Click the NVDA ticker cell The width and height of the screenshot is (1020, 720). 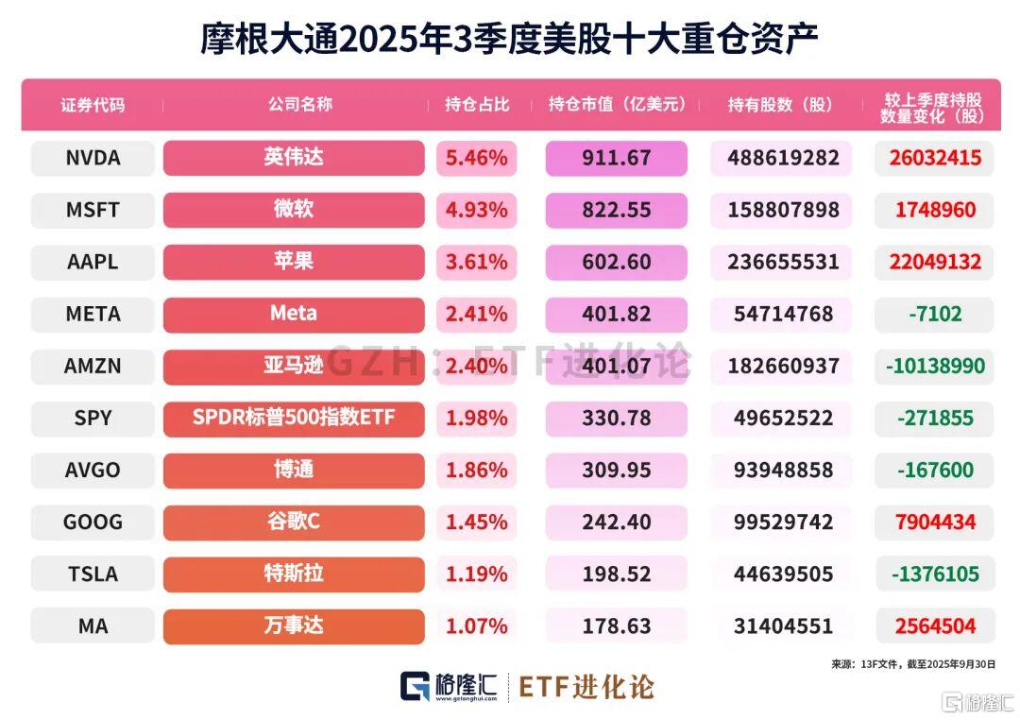click(x=93, y=158)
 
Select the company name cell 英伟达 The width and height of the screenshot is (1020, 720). click(x=294, y=158)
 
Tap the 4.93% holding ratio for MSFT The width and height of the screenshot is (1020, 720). click(x=476, y=210)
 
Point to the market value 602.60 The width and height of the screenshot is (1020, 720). click(x=617, y=262)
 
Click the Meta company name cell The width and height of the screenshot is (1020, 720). click(x=294, y=314)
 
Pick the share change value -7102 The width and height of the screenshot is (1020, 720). click(x=933, y=314)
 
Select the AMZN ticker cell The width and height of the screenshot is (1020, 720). click(x=93, y=366)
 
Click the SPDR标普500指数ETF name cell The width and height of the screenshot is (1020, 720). click(x=294, y=418)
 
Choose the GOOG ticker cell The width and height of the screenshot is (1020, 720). click(x=93, y=522)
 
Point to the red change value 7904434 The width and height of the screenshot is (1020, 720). click(x=933, y=522)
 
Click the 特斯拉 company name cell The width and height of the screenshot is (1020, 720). click(x=294, y=574)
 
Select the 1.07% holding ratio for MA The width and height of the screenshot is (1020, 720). click(x=476, y=626)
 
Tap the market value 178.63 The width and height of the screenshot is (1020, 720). click(x=617, y=626)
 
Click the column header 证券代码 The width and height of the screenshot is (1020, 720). click(x=93, y=105)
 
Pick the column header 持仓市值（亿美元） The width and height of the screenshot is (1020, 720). click(x=617, y=105)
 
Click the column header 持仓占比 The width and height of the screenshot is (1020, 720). click(x=476, y=105)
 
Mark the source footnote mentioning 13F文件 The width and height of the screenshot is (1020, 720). click(x=913, y=664)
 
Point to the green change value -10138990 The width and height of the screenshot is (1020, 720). click(x=933, y=366)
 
